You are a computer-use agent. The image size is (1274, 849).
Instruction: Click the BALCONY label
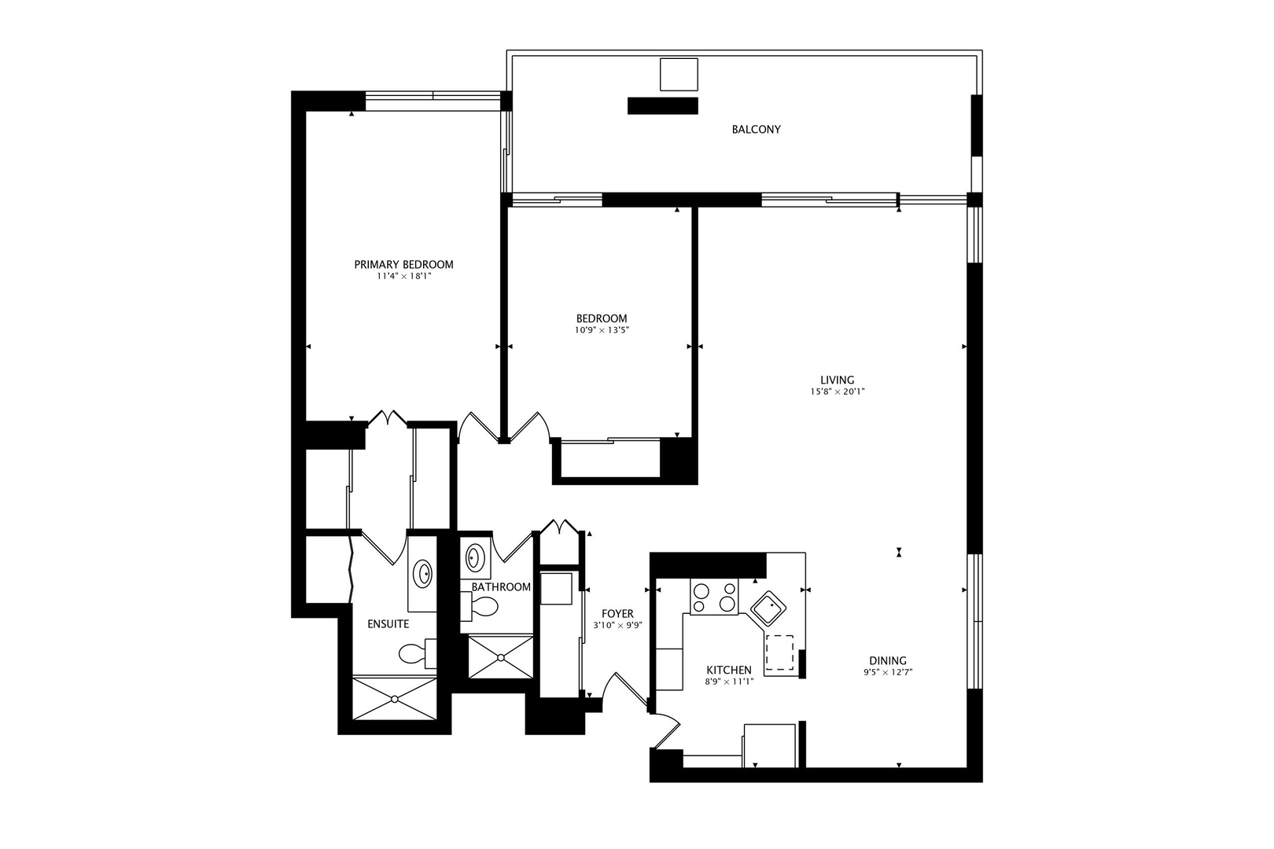[x=756, y=130]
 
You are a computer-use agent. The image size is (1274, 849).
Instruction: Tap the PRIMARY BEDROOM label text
[x=403, y=264]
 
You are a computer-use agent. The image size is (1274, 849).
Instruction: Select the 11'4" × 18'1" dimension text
[x=403, y=277]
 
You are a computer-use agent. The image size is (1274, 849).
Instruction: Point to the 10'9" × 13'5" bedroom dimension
[x=602, y=330]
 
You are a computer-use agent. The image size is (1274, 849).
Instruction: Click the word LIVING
[x=838, y=380]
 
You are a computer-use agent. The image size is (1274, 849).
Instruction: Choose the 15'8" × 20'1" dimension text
[x=838, y=391]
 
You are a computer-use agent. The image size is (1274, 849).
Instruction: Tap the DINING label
[x=888, y=661]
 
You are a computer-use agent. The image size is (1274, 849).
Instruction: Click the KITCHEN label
[x=729, y=671]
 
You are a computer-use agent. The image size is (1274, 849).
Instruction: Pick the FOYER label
[x=617, y=614]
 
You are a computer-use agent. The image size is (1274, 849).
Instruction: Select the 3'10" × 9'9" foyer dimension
[x=617, y=626]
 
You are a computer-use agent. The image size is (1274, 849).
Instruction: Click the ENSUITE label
[x=388, y=624]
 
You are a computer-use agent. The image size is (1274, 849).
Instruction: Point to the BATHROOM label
[x=501, y=587]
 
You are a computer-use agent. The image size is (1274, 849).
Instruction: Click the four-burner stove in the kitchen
[x=714, y=597]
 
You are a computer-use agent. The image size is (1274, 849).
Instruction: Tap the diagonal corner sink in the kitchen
[x=768, y=609]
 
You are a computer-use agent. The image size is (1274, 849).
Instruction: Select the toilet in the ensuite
[x=418, y=653]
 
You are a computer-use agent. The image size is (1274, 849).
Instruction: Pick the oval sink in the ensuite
[x=422, y=574]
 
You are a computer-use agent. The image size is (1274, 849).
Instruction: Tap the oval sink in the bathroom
[x=474, y=557]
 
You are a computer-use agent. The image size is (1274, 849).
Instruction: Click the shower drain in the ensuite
[x=395, y=700]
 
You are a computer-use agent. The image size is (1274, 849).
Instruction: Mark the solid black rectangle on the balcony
[x=663, y=106]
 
